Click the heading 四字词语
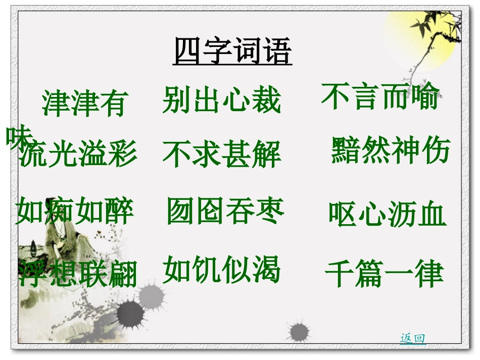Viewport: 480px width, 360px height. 232,52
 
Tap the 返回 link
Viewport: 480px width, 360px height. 413,339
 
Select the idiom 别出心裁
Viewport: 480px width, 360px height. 221,99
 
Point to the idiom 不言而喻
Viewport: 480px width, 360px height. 380,96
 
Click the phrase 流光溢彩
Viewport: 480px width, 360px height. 78,153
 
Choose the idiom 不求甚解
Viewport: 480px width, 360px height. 221,154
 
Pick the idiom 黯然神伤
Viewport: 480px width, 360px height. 390,150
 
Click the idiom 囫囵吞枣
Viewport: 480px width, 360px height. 225,211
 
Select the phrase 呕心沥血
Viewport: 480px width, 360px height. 387,214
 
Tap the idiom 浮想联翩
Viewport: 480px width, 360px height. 78,274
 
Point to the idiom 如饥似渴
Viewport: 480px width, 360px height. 221,270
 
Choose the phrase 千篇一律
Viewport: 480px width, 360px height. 384,274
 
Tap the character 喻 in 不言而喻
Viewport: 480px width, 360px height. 425,96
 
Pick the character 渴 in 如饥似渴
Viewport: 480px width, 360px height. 266,270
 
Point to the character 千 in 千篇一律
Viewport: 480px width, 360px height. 340,274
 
